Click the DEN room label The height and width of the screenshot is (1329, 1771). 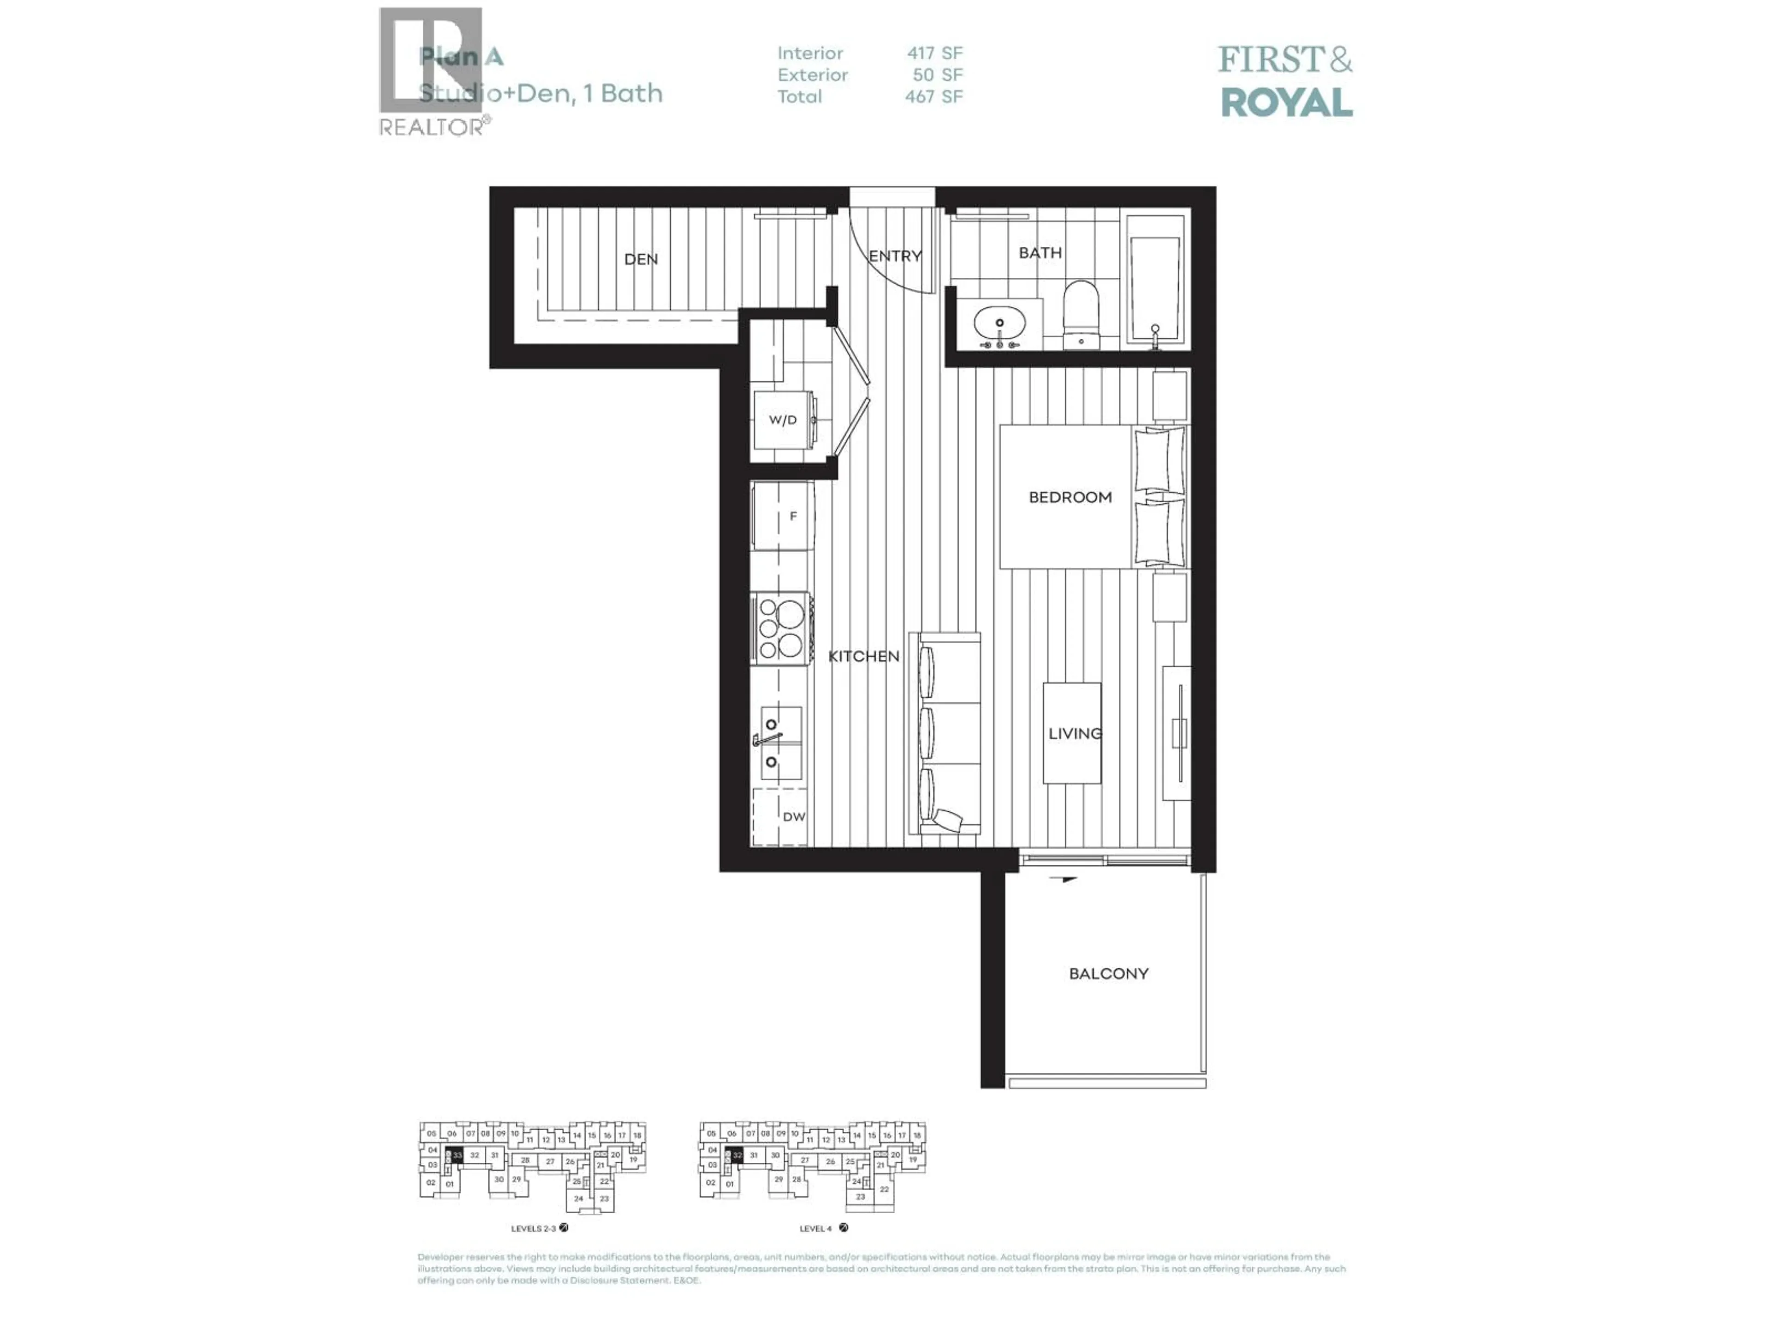[x=641, y=259]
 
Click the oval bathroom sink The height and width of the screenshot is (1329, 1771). [x=999, y=324]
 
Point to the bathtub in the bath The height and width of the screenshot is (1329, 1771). [x=1154, y=284]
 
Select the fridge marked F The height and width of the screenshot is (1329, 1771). [x=783, y=516]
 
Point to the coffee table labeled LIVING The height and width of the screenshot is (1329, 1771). [x=1071, y=733]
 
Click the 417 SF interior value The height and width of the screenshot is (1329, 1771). [x=934, y=54]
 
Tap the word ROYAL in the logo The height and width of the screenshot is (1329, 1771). [x=1286, y=102]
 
